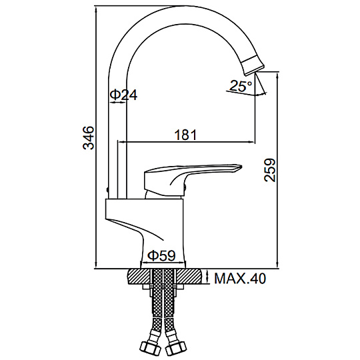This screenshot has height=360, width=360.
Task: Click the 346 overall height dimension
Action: point(89,138)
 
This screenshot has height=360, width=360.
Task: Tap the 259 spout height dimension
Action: point(270,170)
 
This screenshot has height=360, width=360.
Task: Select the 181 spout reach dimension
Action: point(186,135)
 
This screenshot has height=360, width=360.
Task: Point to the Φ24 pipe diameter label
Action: point(123,95)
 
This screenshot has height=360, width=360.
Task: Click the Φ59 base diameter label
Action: point(161,255)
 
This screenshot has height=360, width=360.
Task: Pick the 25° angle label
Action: point(240,86)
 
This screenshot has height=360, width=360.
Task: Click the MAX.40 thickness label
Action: point(240,279)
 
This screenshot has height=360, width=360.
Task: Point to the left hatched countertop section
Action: point(139,277)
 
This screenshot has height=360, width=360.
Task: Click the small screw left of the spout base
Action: point(107,189)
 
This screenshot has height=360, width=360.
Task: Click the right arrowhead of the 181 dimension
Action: point(251,143)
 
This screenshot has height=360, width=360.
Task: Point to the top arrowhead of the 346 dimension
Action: point(96,9)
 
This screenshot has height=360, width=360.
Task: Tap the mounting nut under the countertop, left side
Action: point(147,287)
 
